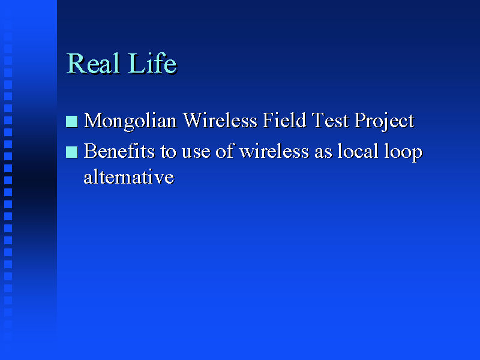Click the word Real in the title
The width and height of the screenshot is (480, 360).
coord(94,64)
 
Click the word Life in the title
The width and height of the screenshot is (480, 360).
coord(153,63)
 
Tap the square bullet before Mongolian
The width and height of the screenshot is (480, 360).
coord(71,121)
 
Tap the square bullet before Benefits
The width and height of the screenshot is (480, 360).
coord(71,152)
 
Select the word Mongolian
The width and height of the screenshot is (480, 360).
coord(130,122)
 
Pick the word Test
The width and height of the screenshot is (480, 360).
coord(330,121)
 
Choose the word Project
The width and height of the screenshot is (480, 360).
coord(385,122)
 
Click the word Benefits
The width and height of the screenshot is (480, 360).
coord(119,151)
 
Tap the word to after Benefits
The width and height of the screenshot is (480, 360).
coord(169,152)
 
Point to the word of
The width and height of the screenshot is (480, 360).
coord(224,151)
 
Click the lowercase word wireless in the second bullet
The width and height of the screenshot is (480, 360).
coord(274,151)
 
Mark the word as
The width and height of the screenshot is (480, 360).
coord(323,154)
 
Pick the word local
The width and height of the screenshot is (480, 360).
coord(358,151)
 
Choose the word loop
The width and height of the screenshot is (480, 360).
coord(403,152)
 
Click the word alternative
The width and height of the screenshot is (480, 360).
coord(129,177)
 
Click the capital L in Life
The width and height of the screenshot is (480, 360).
coord(136,64)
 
